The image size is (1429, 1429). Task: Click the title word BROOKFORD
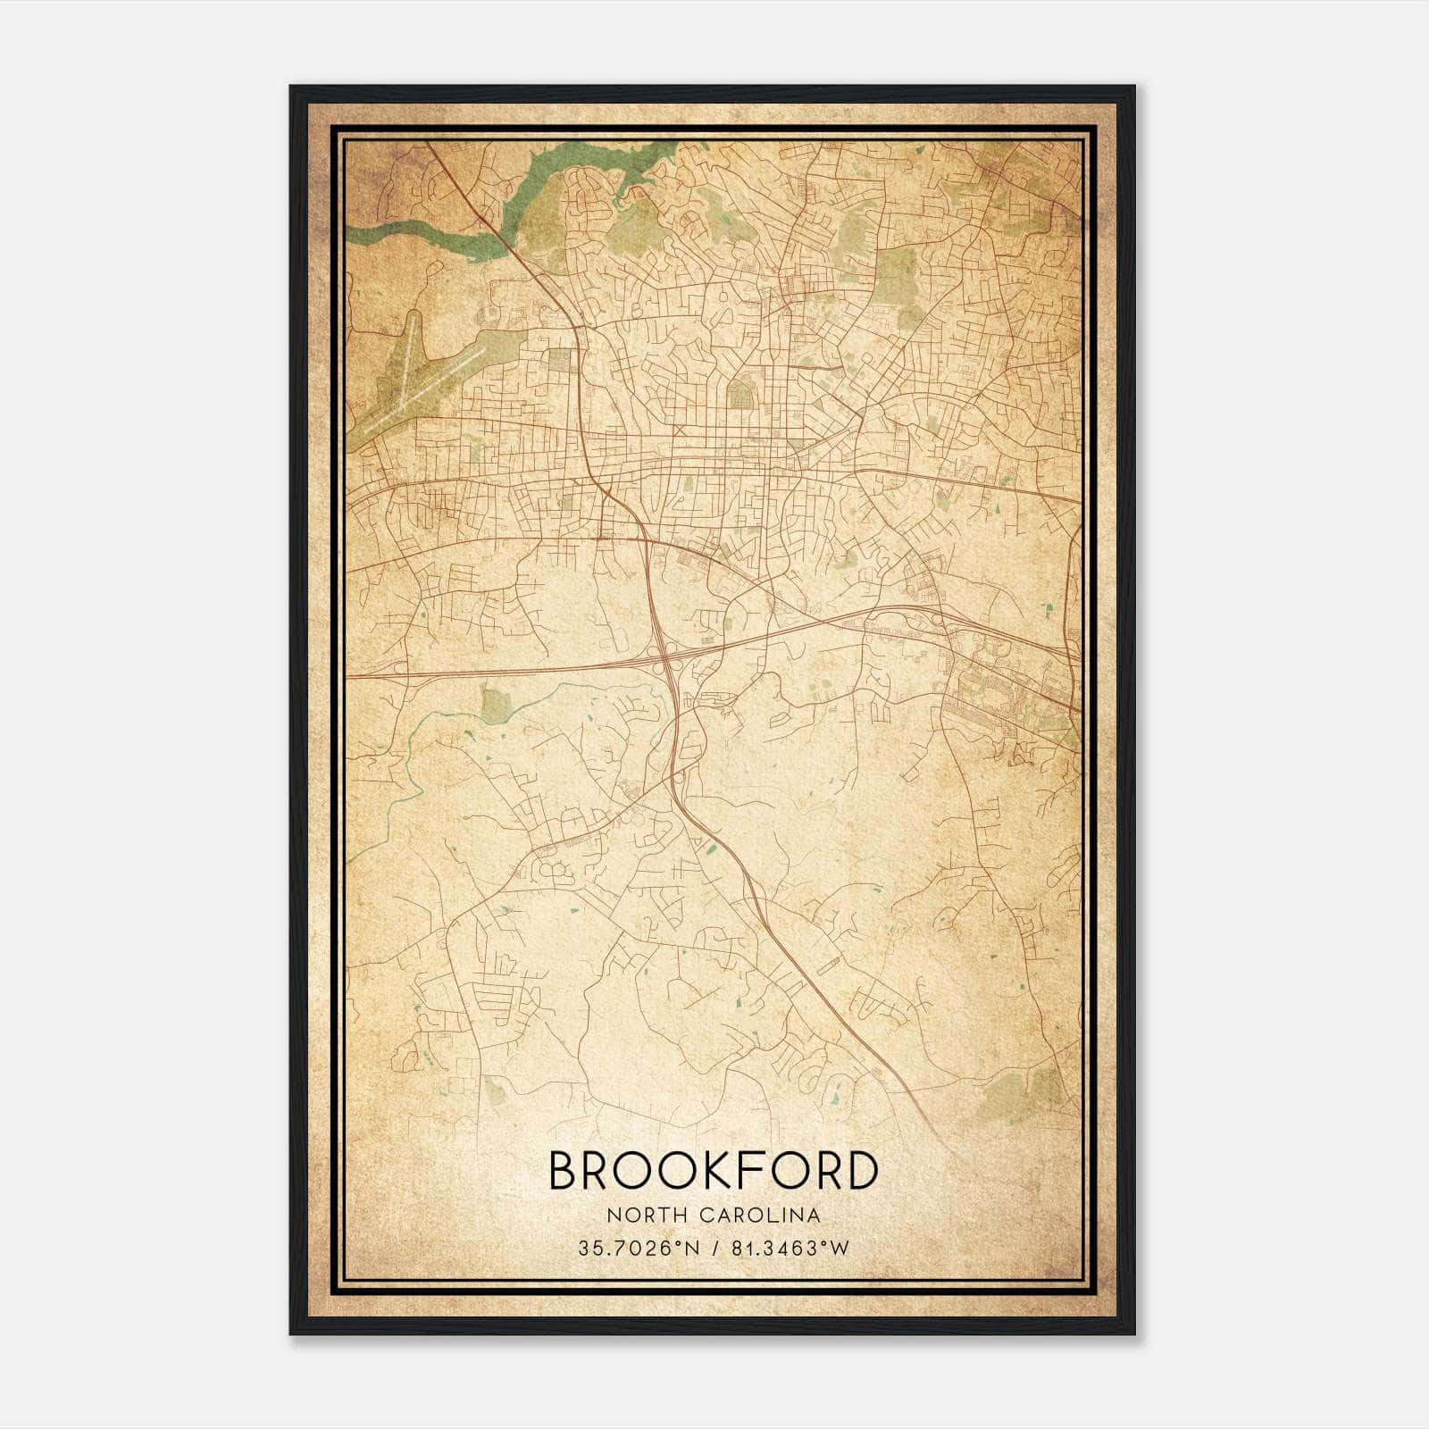pyautogui.click(x=713, y=1171)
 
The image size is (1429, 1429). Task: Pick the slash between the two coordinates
pyautogui.click(x=714, y=1249)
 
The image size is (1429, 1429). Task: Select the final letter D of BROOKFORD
pyautogui.click(x=859, y=1171)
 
